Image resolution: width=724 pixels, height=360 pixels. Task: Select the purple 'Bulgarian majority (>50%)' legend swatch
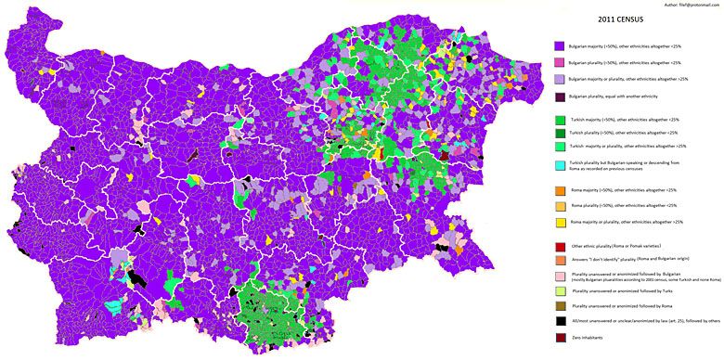[559, 45]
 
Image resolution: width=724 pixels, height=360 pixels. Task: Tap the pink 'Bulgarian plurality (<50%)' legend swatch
[559, 62]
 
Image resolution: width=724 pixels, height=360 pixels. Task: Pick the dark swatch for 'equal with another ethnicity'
[559, 96]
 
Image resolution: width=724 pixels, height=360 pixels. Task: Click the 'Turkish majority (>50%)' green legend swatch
[559, 120]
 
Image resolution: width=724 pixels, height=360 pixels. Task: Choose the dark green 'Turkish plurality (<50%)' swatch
[559, 133]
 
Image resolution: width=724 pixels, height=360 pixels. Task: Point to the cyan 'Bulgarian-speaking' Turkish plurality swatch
[559, 165]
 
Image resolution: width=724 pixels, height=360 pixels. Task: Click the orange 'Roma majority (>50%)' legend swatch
[559, 190]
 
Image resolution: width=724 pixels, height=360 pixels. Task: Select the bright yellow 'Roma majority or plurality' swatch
[559, 224]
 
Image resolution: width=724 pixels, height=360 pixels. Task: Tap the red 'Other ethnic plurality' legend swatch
[559, 247]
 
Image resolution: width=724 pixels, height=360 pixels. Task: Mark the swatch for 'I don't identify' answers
[559, 261]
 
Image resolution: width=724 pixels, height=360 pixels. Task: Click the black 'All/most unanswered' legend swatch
[559, 320]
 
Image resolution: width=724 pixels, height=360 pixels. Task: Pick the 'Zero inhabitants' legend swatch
[559, 337]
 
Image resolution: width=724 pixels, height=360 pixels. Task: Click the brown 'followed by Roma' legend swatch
[559, 305]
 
